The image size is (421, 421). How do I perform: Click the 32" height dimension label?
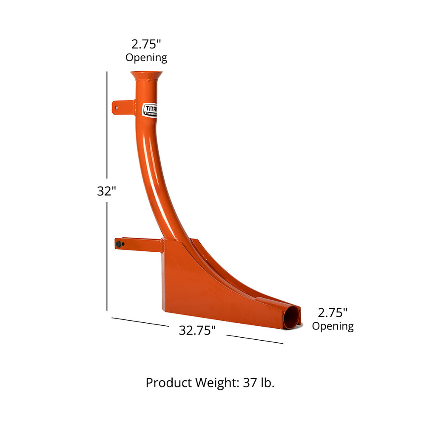[x=106, y=191]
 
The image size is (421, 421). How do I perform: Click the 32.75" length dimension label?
[x=197, y=330]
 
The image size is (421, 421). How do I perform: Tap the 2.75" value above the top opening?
[x=146, y=44]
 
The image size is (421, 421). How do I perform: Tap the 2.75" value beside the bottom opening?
[x=333, y=313]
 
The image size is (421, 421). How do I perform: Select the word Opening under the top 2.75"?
[x=146, y=57]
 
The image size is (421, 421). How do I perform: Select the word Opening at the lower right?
[x=333, y=326]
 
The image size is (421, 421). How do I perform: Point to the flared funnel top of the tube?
[x=146, y=76]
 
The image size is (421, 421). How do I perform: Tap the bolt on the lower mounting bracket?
[x=120, y=244]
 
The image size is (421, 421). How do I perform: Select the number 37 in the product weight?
[x=250, y=383]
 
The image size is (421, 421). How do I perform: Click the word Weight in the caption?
[x=214, y=383]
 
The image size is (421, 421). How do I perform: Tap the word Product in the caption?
[x=169, y=383]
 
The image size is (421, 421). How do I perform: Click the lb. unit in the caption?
[x=267, y=383]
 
